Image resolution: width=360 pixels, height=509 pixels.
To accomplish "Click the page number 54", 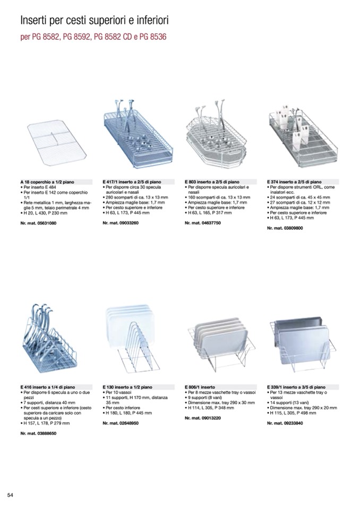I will coord(10,495).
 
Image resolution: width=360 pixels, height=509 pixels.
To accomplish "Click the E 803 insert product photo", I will coord(218,132).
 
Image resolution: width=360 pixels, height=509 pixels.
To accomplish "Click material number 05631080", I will coord(38,223).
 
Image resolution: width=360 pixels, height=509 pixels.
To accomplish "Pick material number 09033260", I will coord(121,223).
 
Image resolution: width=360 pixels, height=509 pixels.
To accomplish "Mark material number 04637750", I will coord(203,223).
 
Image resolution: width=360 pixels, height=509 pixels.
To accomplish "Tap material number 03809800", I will coord(285,228).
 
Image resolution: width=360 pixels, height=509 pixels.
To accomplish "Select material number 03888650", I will coord(38,434).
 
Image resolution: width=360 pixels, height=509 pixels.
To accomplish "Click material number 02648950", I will coord(121,423).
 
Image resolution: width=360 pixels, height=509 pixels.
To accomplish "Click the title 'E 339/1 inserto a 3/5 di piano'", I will coord(296,388).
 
